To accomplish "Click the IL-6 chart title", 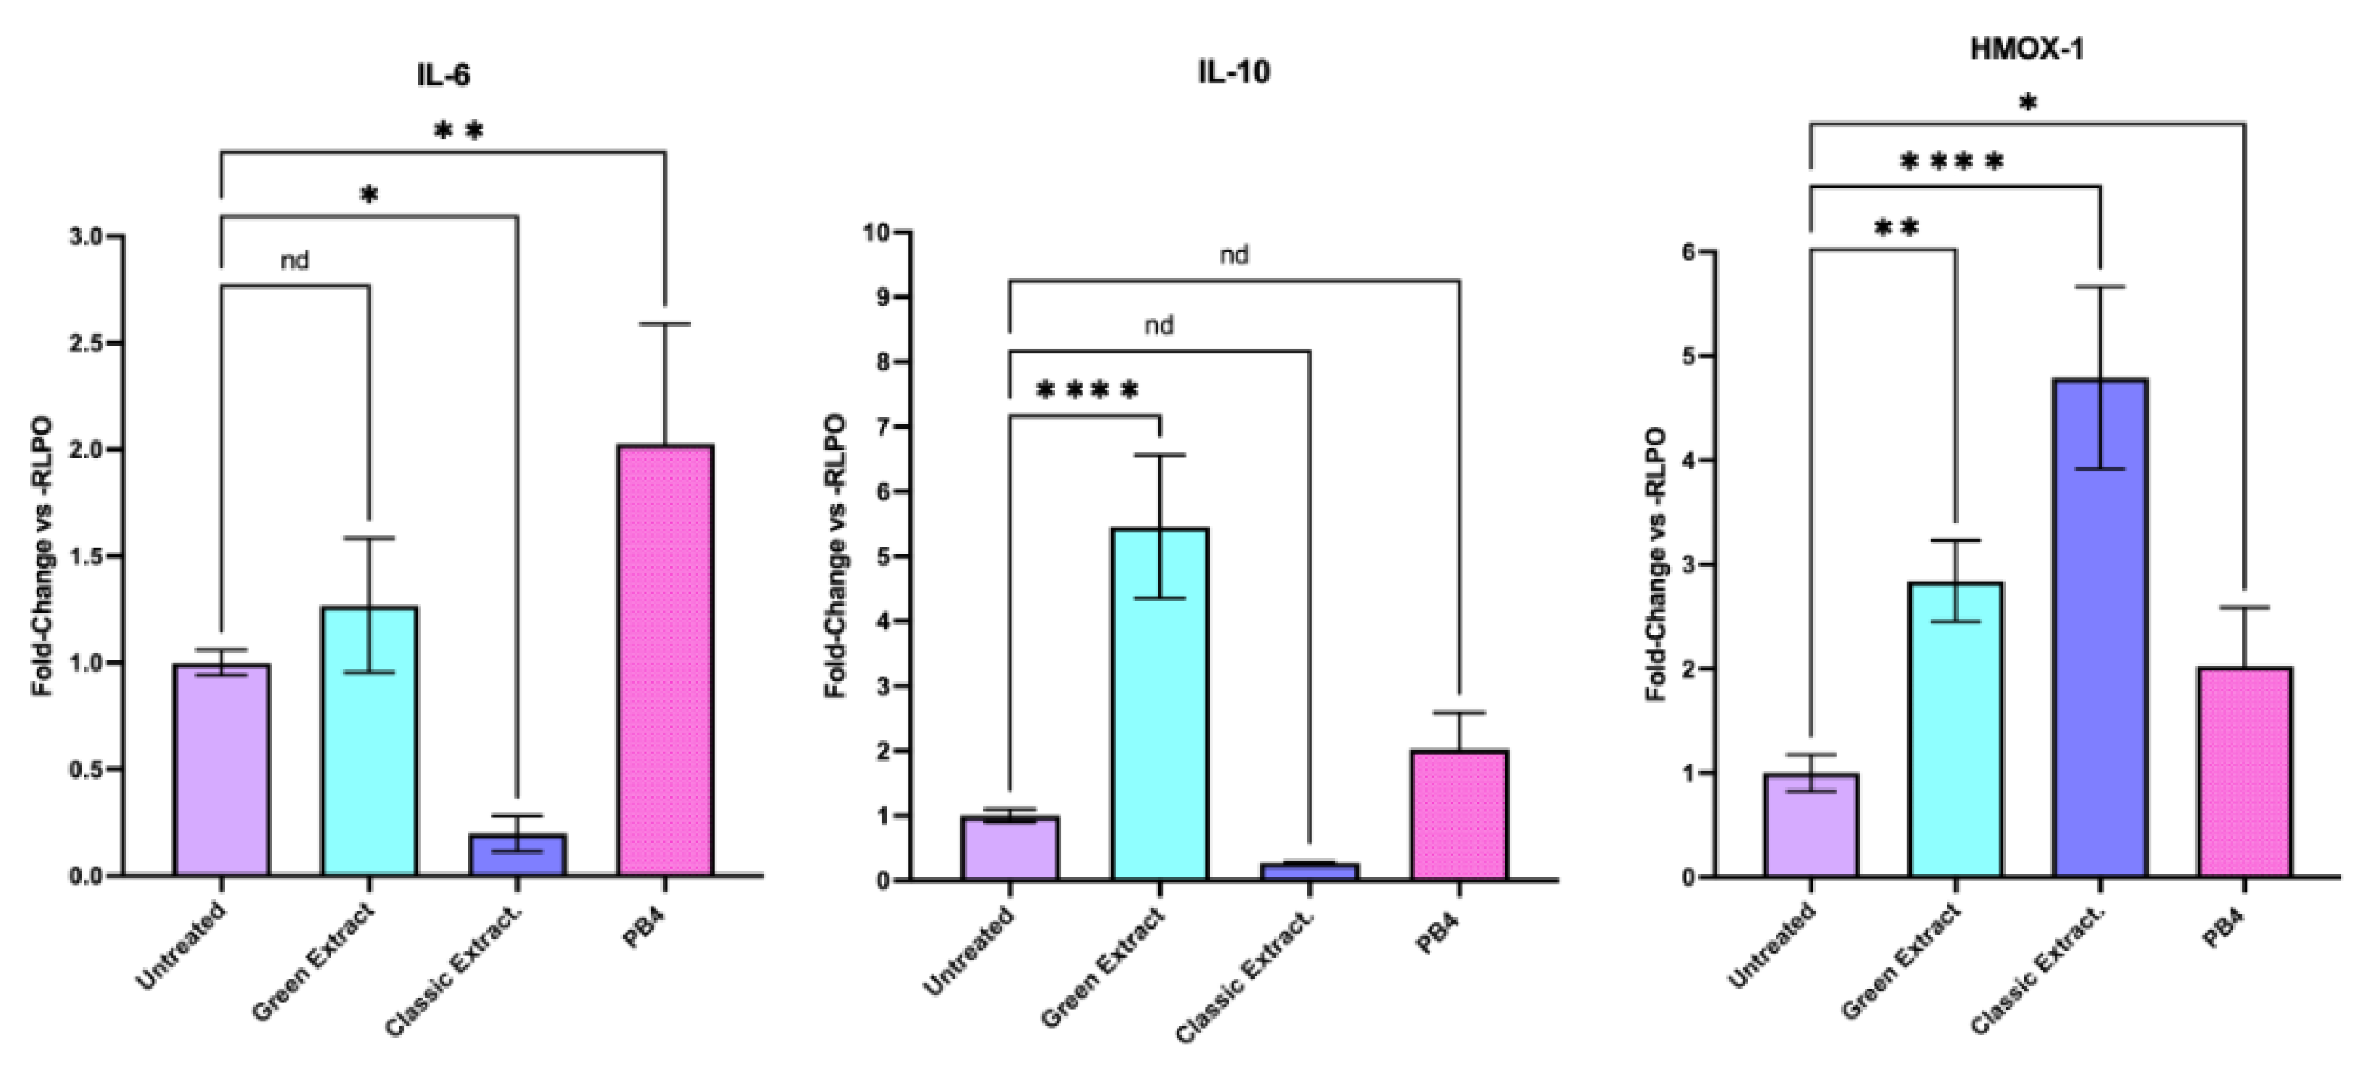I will point(443,75).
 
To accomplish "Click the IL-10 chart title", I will point(1234,72).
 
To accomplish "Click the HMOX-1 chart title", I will point(2027,49).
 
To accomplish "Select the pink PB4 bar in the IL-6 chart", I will point(665,660).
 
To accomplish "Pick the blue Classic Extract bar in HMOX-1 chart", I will point(2100,628).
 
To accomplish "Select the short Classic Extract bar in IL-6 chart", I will point(517,855).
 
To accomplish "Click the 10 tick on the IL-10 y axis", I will point(877,232).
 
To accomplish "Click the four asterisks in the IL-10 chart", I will point(1088,391).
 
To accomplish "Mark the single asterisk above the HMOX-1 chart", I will point(2027,104).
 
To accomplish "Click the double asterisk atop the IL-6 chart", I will point(458,132).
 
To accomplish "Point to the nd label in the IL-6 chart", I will point(294,261).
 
